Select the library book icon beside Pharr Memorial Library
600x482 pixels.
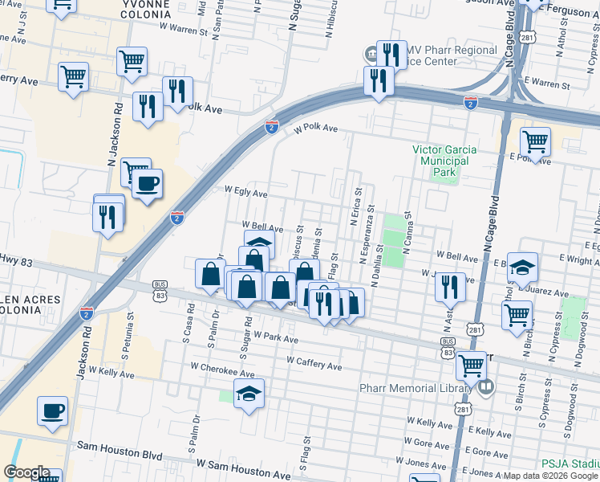tap(485, 389)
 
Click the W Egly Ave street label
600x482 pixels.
tap(245, 193)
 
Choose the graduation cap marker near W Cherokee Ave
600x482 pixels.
tap(249, 394)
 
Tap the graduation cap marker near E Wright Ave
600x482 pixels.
tap(521, 268)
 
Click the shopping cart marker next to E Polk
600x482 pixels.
tap(535, 142)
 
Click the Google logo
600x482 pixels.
tap(26, 472)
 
